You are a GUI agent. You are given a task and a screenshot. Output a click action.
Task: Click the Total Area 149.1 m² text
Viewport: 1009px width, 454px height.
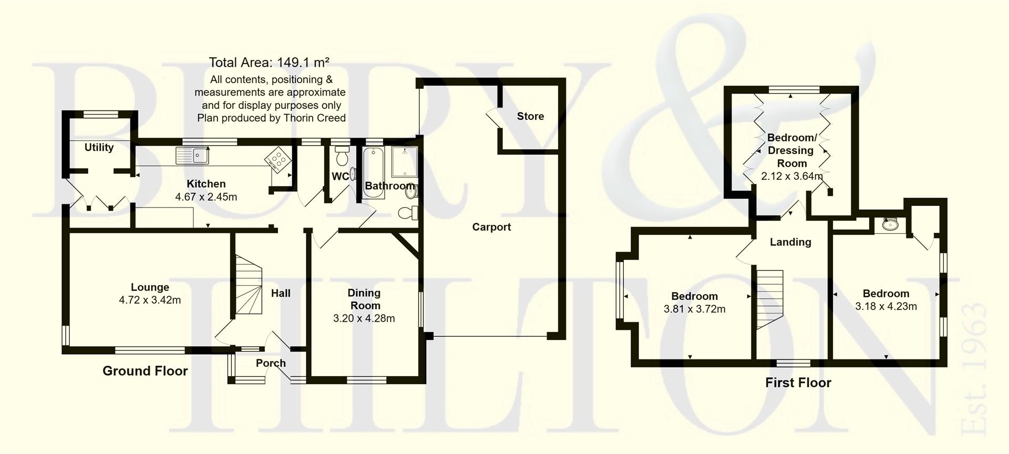tap(269, 63)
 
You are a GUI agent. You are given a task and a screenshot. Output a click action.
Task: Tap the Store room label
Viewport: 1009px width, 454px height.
tap(530, 116)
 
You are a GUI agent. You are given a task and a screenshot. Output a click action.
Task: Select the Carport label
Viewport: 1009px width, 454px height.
tap(491, 227)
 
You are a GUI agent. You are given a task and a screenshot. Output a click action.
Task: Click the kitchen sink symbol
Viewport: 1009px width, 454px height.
tap(192, 156)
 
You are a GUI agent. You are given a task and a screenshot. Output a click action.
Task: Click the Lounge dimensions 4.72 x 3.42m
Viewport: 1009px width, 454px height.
tap(150, 301)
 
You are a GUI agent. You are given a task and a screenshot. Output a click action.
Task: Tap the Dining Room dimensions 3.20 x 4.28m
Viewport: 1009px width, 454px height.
tap(364, 318)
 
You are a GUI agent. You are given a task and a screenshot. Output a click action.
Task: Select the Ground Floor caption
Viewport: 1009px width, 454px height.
tap(145, 371)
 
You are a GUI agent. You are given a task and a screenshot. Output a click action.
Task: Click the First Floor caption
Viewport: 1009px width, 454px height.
tap(798, 383)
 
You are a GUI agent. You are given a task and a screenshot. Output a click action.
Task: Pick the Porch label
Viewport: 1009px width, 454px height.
tap(271, 363)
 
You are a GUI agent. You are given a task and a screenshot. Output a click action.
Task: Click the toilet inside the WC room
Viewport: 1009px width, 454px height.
tap(342, 157)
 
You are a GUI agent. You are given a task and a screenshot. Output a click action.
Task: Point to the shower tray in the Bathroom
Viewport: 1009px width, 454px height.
tap(404, 162)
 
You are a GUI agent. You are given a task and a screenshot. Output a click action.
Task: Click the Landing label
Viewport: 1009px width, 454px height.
tap(790, 242)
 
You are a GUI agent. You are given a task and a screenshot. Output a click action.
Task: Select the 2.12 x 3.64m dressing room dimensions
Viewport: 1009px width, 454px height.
tap(791, 177)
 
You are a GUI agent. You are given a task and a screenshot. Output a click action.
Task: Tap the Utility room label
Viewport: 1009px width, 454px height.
tap(99, 148)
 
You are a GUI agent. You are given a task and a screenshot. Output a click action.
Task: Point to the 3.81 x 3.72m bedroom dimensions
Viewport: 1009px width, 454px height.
tap(694, 309)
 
